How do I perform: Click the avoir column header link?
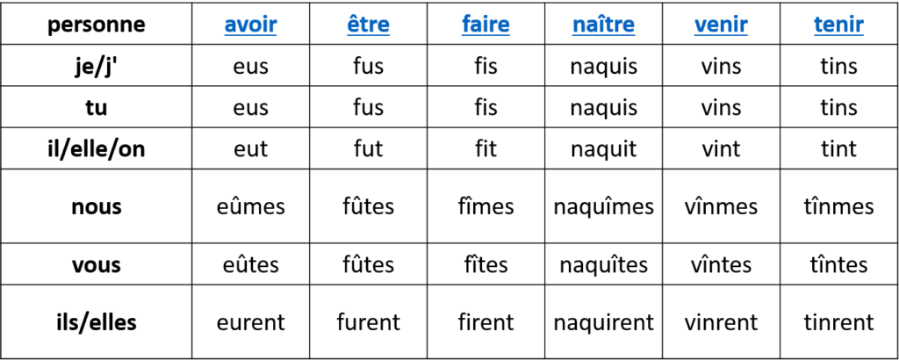tap(250, 25)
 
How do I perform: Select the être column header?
tap(368, 25)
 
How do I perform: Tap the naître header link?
tap(604, 25)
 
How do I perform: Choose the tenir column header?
tap(838, 25)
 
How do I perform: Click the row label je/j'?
tap(97, 66)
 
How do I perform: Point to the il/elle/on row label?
tap(97, 149)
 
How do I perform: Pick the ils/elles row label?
tap(97, 322)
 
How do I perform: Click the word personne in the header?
tap(97, 25)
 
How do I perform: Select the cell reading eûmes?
tap(250, 206)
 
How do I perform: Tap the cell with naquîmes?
tap(604, 206)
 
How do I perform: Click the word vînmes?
tap(722, 206)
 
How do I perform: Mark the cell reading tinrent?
tap(838, 322)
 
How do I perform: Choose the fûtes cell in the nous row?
tap(368, 206)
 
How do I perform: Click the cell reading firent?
tap(486, 322)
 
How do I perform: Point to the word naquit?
tap(604, 149)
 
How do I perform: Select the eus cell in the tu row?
tap(250, 108)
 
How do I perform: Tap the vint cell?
tap(722, 149)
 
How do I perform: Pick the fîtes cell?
tap(486, 265)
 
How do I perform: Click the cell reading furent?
tap(368, 322)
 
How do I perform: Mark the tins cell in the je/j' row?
tap(838, 66)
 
